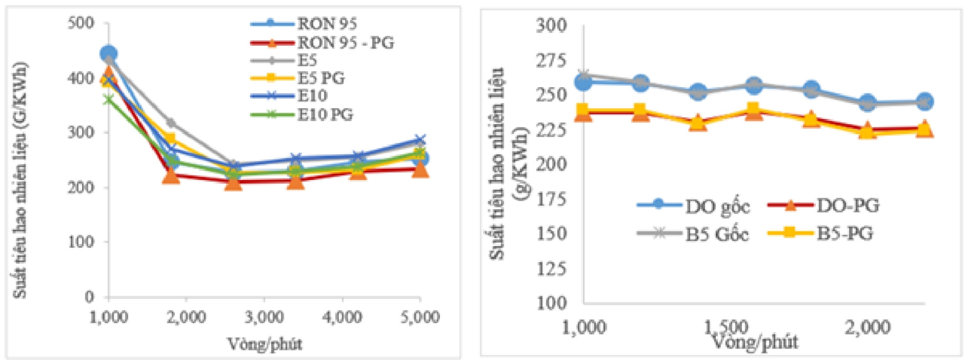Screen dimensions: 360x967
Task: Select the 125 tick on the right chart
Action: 552,268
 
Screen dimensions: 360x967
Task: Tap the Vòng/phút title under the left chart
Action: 264,344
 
